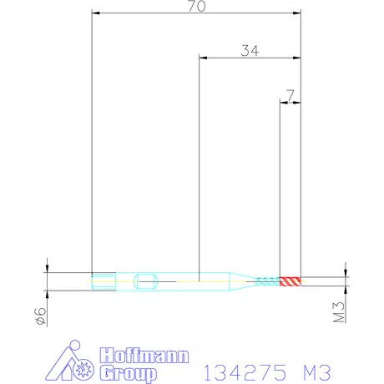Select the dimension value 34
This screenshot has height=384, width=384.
coord(250,50)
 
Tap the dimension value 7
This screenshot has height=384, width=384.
coord(290,96)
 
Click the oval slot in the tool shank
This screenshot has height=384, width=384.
coord(146,280)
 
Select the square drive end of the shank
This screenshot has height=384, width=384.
coord(101,280)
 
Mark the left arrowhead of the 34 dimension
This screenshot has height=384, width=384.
coord(202,58)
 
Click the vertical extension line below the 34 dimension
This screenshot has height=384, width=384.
coord(199,167)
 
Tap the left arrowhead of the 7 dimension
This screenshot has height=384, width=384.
coord(281,104)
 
